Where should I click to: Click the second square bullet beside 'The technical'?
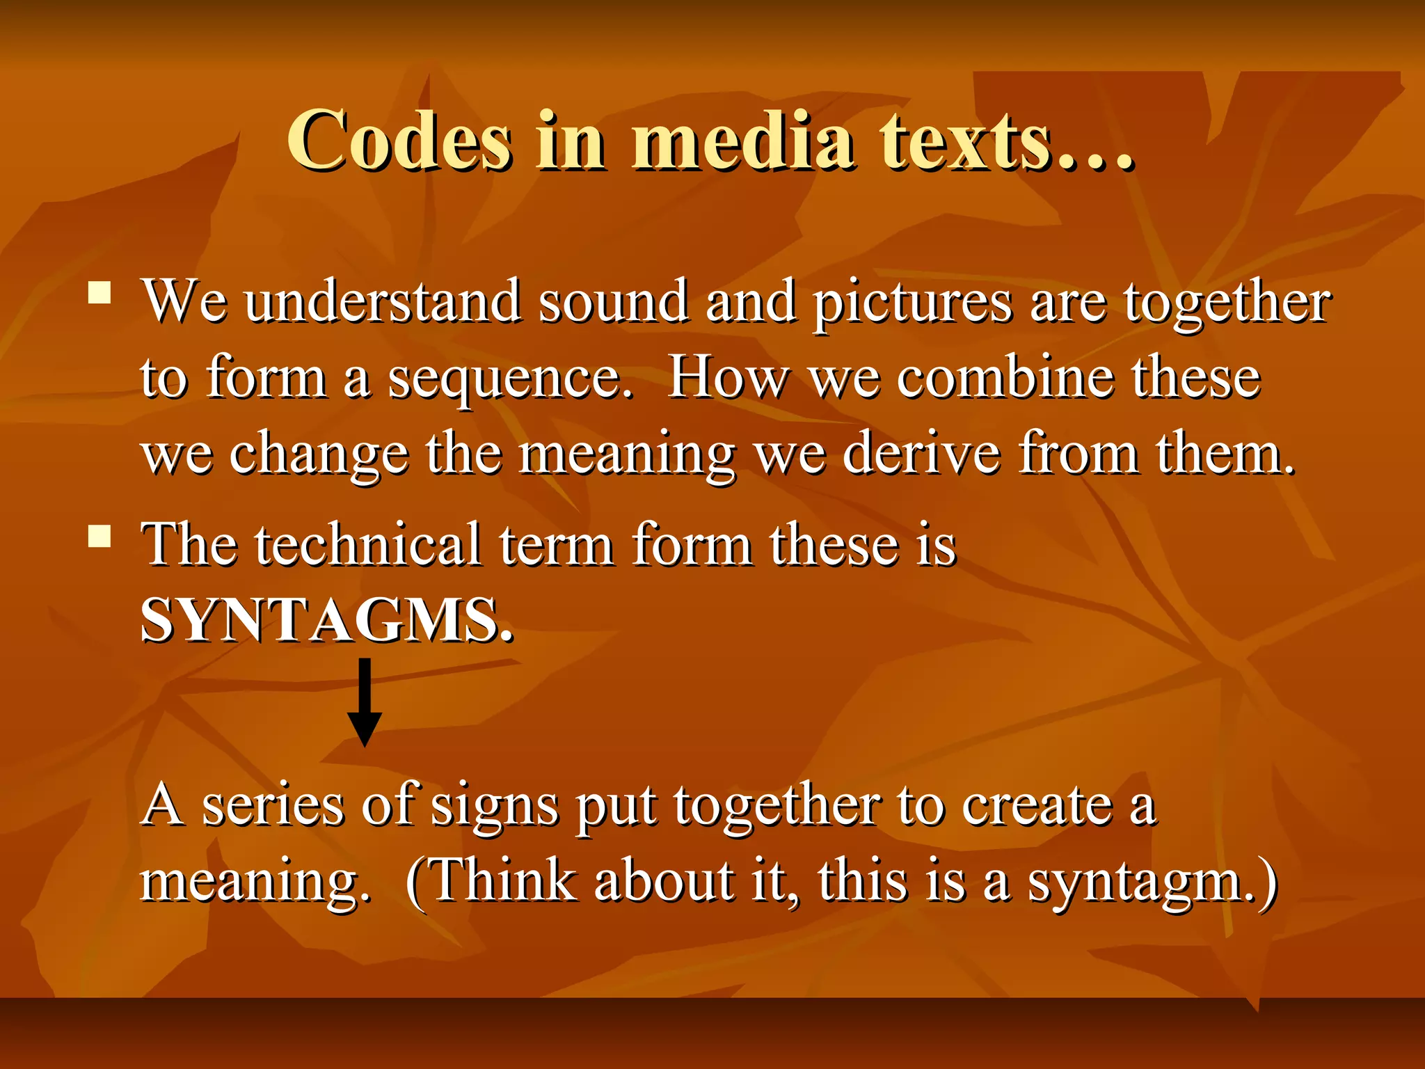[x=100, y=537]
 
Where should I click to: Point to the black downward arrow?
[x=364, y=703]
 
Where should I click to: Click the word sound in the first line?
[x=613, y=302]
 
